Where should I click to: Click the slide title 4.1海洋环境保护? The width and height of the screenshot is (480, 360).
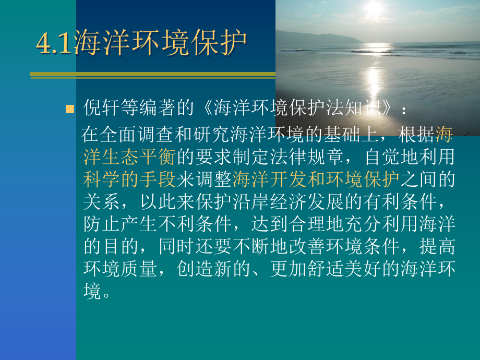tap(141, 42)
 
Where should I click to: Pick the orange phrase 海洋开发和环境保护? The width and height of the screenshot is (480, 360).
tap(316, 179)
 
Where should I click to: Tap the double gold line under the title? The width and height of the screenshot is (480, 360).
tap(151, 75)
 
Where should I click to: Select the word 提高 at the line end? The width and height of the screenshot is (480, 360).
tap(437, 247)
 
